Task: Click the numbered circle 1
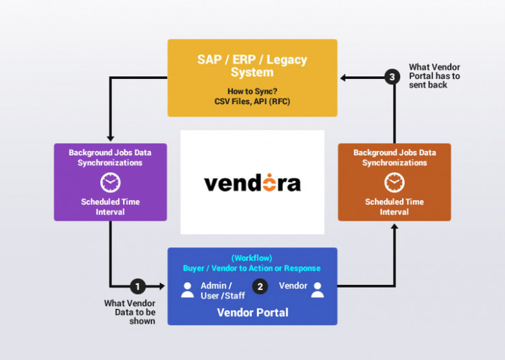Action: tap(137, 286)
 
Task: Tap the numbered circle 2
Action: tap(260, 286)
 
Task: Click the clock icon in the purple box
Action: tap(110, 183)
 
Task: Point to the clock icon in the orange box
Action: tap(394, 183)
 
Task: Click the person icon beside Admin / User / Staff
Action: tap(187, 289)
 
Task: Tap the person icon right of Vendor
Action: tap(317, 289)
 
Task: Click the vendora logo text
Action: tap(252, 183)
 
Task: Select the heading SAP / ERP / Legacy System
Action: tap(252, 65)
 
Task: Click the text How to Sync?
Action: tap(252, 91)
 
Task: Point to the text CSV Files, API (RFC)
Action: tap(252, 102)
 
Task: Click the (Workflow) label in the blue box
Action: tap(252, 258)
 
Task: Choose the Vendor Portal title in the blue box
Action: tap(252, 312)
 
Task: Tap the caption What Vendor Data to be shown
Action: tap(129, 311)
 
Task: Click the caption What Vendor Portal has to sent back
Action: tap(434, 76)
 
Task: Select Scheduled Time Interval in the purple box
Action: tap(110, 207)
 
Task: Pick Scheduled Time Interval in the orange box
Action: tap(394, 207)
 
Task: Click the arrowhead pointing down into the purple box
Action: tap(110, 138)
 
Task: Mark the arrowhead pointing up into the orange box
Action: tap(394, 226)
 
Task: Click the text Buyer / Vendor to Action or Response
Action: tap(252, 268)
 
